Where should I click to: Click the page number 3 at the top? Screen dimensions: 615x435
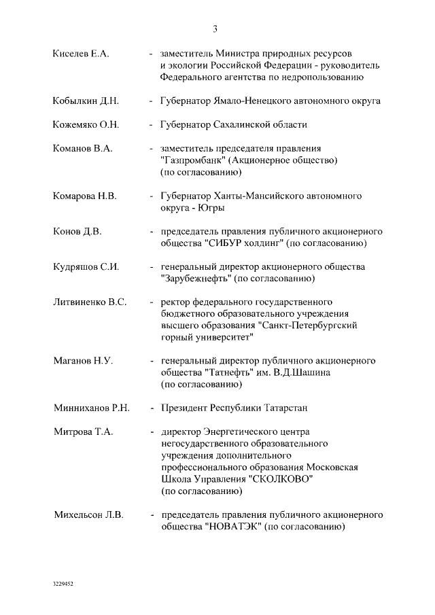click(x=215, y=29)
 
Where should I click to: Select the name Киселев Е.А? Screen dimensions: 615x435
click(x=81, y=53)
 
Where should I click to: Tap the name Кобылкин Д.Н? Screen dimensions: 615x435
click(x=86, y=101)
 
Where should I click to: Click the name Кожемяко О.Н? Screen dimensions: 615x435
click(x=86, y=125)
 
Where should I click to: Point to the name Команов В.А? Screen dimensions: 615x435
click(x=83, y=148)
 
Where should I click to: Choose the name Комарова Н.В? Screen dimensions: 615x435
click(x=85, y=196)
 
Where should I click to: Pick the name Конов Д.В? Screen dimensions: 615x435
click(x=77, y=232)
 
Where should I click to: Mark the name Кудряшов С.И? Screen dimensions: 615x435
click(x=86, y=267)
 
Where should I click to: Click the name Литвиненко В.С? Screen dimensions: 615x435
click(x=90, y=302)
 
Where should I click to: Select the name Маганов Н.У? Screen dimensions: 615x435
click(x=83, y=362)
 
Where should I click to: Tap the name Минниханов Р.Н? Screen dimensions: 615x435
click(x=91, y=409)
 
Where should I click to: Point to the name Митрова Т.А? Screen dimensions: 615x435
click(x=83, y=432)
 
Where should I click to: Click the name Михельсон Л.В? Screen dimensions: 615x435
click(x=88, y=515)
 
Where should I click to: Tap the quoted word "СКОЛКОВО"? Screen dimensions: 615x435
click(x=282, y=479)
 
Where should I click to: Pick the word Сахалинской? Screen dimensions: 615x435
click(x=243, y=125)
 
